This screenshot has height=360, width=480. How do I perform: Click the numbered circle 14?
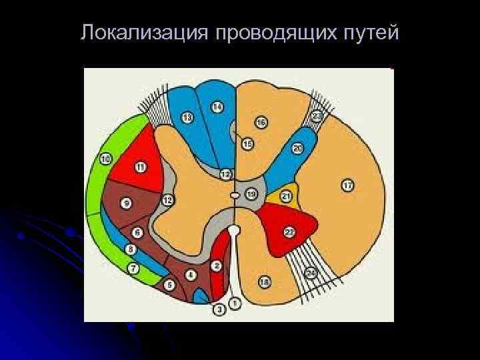[x=217, y=107]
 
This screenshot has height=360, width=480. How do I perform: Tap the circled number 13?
[x=187, y=118]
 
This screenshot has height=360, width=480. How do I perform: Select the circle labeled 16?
[x=261, y=123]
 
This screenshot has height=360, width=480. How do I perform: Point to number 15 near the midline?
[x=248, y=144]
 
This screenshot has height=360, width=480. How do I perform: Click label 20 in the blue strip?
[x=297, y=148]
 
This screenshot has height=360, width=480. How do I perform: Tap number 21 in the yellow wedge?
[x=286, y=197]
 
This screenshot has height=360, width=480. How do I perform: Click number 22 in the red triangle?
[x=289, y=231]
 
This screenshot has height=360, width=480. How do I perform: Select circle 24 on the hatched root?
[x=311, y=273]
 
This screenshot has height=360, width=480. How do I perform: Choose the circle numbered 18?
[x=265, y=283]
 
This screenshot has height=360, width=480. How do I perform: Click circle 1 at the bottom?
[x=235, y=303]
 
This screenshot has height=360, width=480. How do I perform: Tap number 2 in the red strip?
[x=217, y=266]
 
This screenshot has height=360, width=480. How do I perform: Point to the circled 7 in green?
[x=134, y=269]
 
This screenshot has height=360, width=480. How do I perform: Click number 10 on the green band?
[x=105, y=159]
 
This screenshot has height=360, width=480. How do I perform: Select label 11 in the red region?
[x=141, y=167]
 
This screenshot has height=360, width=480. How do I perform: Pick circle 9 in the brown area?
[x=126, y=203]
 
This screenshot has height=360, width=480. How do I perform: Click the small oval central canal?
[x=235, y=195]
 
